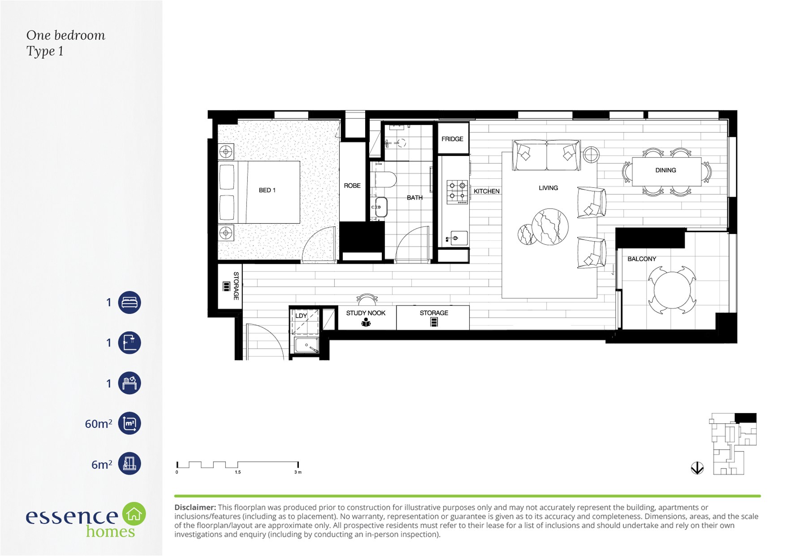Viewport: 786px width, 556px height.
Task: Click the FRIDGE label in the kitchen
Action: click(452, 139)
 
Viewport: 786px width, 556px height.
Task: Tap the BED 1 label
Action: click(267, 190)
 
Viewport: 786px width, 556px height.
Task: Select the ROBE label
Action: click(352, 186)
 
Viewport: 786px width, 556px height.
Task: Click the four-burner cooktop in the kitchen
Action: click(457, 192)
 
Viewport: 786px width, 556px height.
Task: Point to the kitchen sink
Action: click(456, 238)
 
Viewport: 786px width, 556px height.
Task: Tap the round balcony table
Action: click(672, 290)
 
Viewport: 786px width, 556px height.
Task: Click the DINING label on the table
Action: click(665, 170)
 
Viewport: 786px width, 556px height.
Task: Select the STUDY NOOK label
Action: click(366, 313)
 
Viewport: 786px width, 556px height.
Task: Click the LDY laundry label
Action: click(301, 316)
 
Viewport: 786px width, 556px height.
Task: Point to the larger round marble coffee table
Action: click(550, 227)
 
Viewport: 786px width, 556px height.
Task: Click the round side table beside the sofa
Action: click(591, 155)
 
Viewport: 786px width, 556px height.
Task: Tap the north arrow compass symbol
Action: click(697, 468)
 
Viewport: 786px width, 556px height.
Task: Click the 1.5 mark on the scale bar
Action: click(238, 472)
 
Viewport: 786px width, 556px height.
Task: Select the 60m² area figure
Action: click(99, 423)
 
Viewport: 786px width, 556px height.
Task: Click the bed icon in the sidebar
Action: click(130, 302)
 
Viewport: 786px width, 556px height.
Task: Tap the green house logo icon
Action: click(134, 514)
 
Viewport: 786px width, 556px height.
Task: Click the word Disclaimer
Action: click(195, 508)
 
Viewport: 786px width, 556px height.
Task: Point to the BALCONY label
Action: click(641, 259)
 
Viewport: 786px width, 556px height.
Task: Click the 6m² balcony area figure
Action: click(102, 464)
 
